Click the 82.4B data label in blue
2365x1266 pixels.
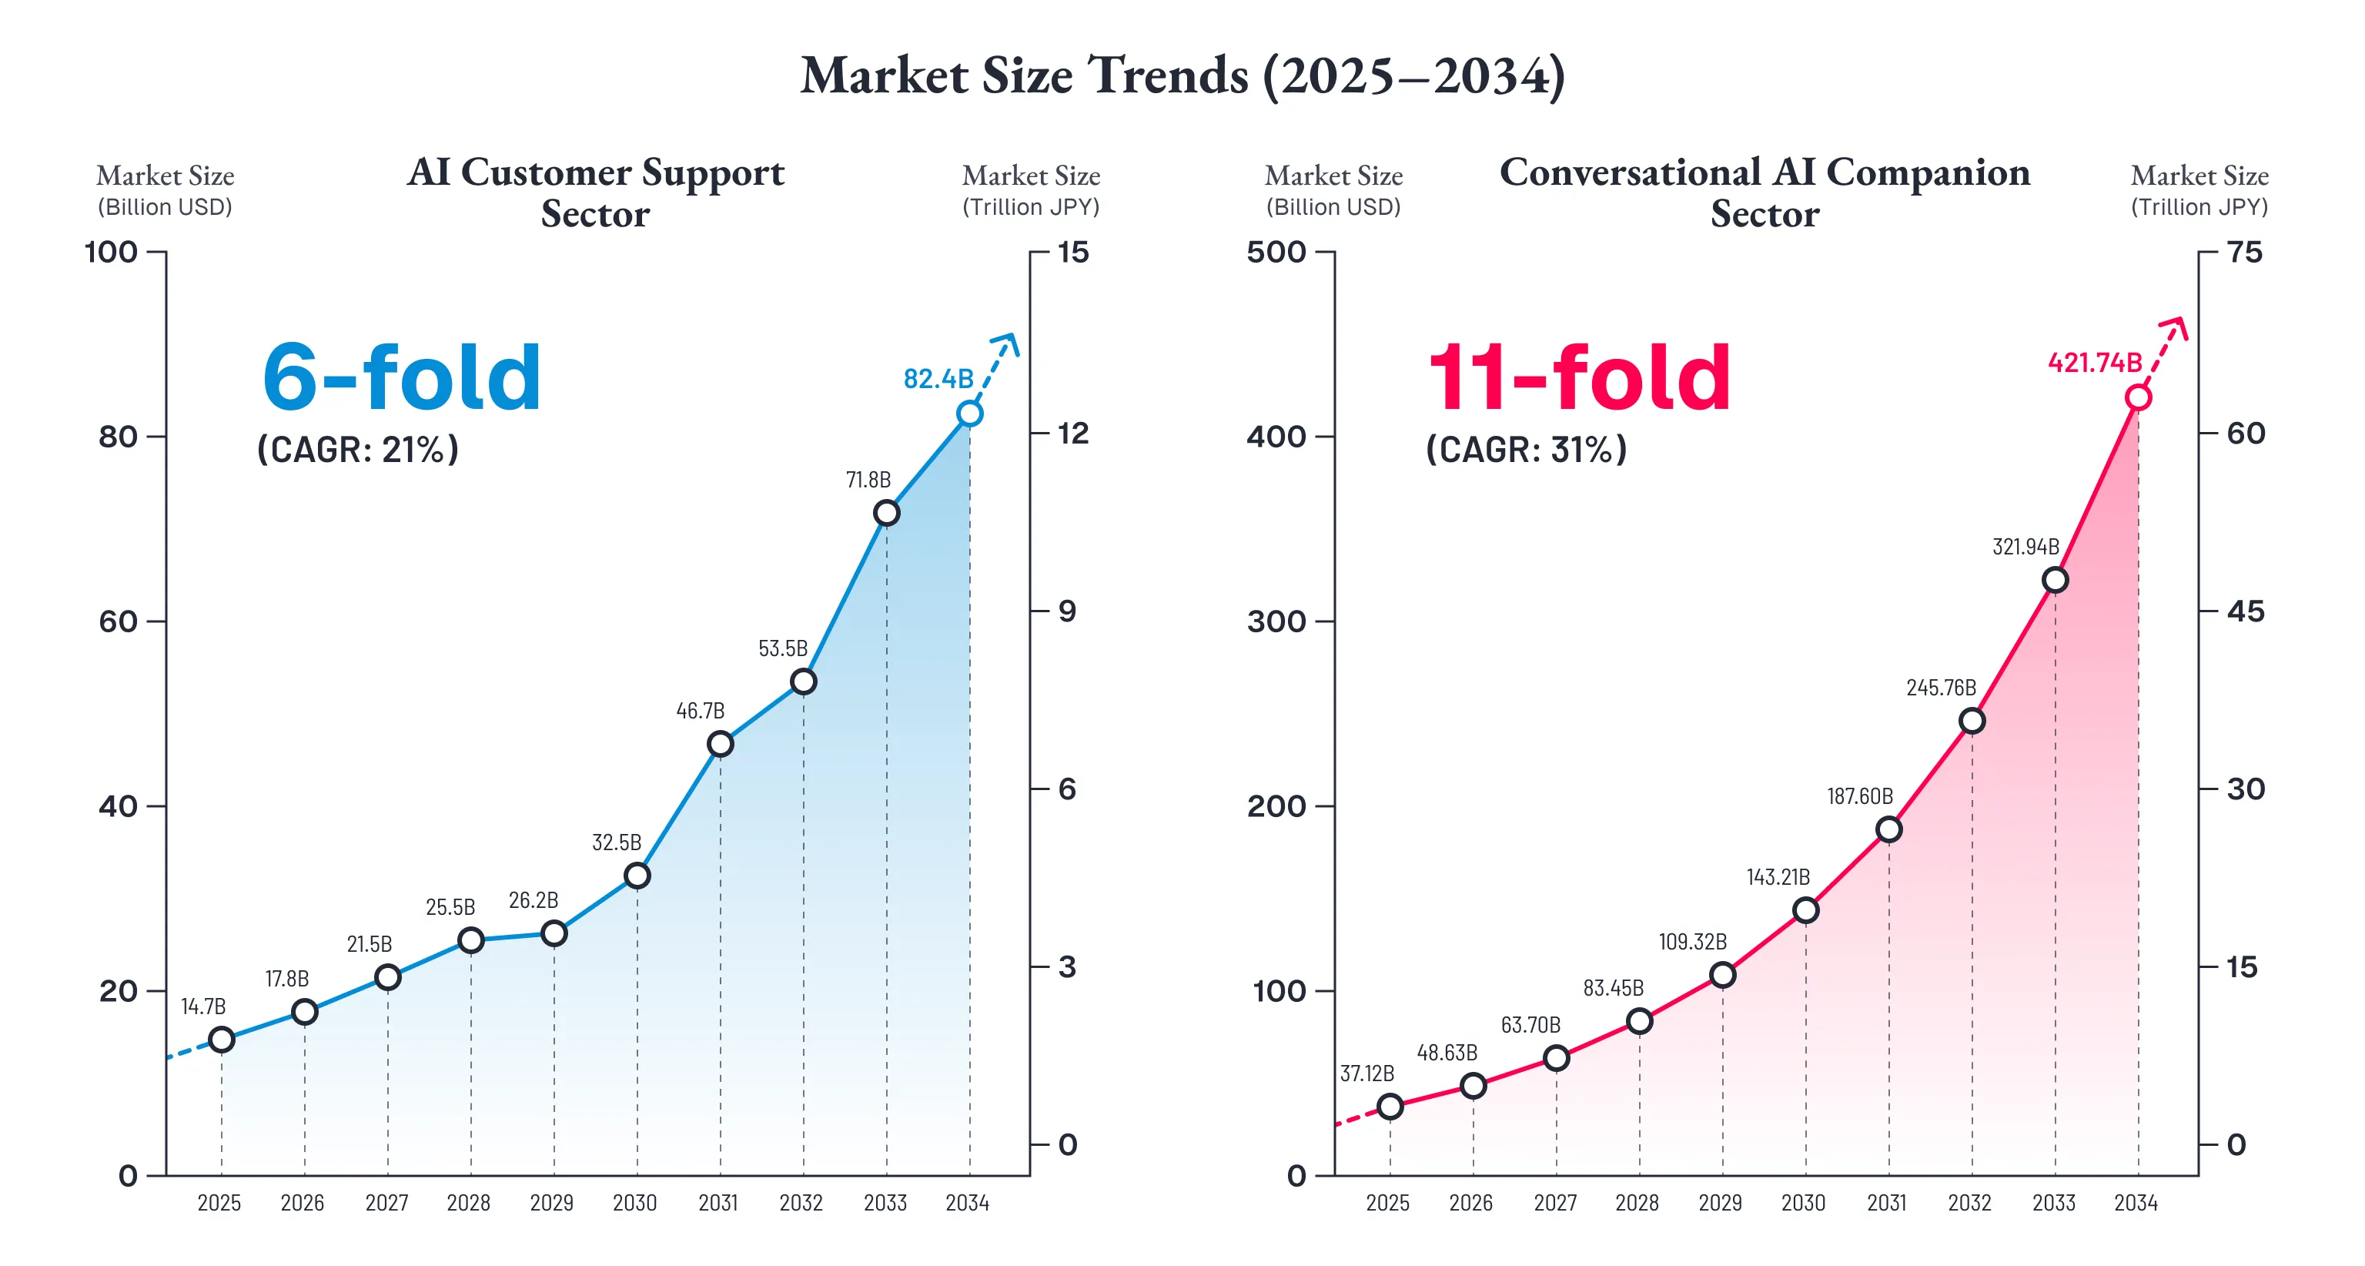938,378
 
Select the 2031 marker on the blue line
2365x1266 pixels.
721,744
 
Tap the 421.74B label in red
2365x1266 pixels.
2094,363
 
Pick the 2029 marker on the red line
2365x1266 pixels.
1722,975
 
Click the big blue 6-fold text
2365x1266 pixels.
402,377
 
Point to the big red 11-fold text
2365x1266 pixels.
1578,377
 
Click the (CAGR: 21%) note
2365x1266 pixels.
358,450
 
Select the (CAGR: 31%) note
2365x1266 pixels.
1526,450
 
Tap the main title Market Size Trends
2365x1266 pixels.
1182,75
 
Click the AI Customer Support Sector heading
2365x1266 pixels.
596,192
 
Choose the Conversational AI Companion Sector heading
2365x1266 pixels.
1765,192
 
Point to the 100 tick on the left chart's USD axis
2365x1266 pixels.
111,252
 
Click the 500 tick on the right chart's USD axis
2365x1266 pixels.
1276,252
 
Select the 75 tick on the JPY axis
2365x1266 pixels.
2246,252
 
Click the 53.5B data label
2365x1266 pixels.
782,648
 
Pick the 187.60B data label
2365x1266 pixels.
1859,796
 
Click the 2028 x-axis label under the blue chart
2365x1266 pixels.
468,1203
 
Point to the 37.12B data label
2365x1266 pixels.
1366,1073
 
